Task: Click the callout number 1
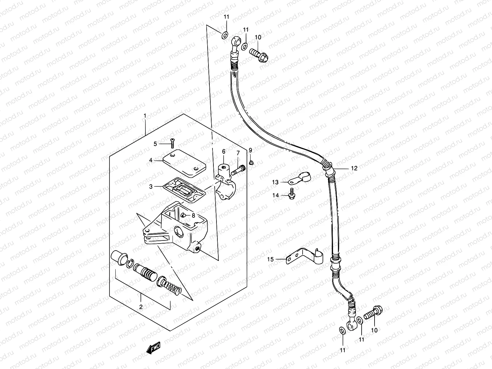(145, 116)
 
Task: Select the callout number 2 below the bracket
(141, 307)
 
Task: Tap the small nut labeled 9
(251, 163)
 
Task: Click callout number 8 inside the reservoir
(193, 215)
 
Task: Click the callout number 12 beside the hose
(354, 168)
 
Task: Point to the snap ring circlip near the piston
(131, 263)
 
